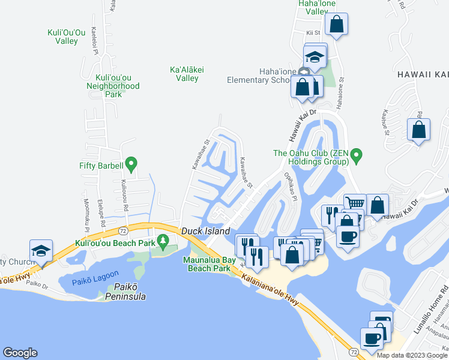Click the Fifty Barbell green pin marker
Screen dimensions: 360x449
point(131,163)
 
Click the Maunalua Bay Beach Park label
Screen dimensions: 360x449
point(207,264)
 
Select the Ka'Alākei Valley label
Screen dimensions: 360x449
point(187,74)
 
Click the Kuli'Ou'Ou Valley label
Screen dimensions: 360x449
point(71,37)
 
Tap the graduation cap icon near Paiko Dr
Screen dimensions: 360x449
point(41,250)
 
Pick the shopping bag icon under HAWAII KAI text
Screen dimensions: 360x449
point(418,130)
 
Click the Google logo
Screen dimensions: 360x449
point(20,353)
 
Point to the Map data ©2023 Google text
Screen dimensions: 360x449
point(411,355)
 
